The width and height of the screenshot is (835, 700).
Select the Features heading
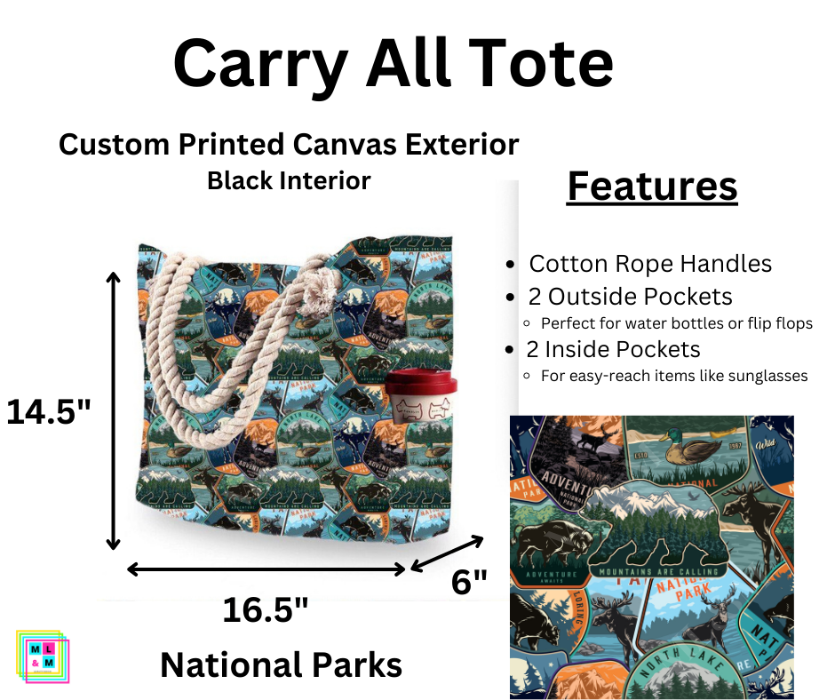(652, 187)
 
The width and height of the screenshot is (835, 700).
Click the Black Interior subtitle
(289, 180)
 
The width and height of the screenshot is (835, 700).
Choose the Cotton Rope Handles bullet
(649, 264)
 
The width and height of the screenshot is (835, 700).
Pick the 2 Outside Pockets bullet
(631, 296)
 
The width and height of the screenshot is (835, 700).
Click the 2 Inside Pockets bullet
(614, 349)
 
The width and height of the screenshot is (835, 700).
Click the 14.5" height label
(48, 411)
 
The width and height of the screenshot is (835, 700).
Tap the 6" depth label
(470, 583)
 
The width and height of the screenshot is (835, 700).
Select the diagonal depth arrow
(447, 553)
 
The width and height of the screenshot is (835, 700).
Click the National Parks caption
(281, 664)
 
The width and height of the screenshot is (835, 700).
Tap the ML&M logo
(42, 656)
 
